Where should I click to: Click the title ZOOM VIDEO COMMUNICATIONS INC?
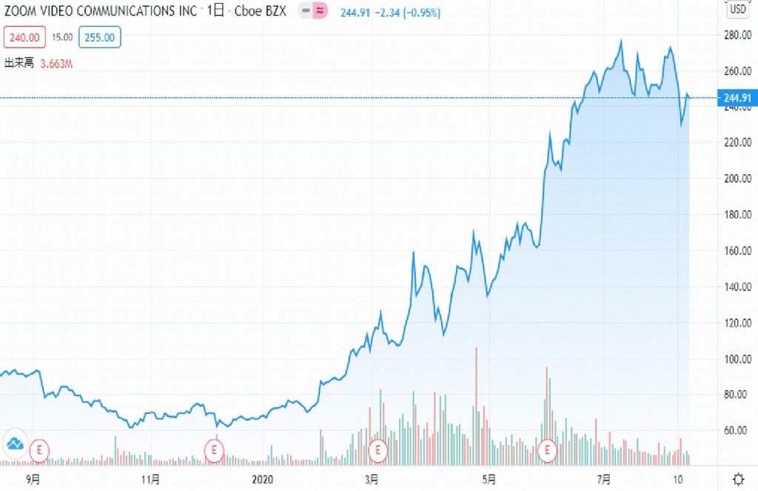coord(101,12)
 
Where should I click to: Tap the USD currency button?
coord(738,10)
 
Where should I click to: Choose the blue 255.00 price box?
coord(100,37)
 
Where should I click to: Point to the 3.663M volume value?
coord(56,64)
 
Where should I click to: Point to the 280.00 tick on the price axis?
coord(738,35)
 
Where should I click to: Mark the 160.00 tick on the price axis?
coord(738,250)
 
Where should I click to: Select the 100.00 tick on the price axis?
coord(738,358)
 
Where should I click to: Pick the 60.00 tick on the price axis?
coord(738,430)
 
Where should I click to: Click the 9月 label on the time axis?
coord(33,478)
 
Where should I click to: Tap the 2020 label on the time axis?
coord(263,478)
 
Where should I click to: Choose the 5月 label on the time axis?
coord(488,478)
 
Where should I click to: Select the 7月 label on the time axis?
coord(605,478)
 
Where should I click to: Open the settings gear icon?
coord(738,478)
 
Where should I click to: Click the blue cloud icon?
coord(16,444)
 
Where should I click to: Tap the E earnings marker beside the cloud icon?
coord(38,449)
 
